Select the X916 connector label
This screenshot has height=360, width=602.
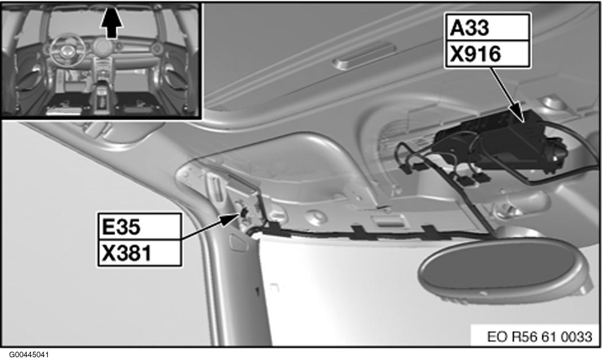[x=475, y=54]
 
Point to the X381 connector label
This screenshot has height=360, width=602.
[x=127, y=253]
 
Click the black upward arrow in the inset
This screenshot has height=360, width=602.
[x=111, y=23]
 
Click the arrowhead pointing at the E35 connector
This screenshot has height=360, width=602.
[x=232, y=219]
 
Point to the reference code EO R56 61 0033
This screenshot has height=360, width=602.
[x=540, y=336]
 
